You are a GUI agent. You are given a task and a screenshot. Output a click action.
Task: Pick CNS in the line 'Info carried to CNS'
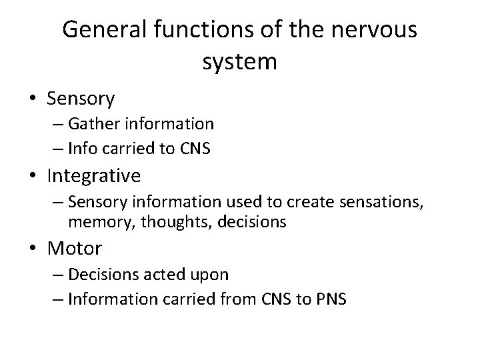pos(195,149)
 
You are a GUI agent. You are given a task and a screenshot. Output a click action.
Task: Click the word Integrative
pos(94,176)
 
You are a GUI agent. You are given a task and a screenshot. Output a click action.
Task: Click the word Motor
pos(75,249)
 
